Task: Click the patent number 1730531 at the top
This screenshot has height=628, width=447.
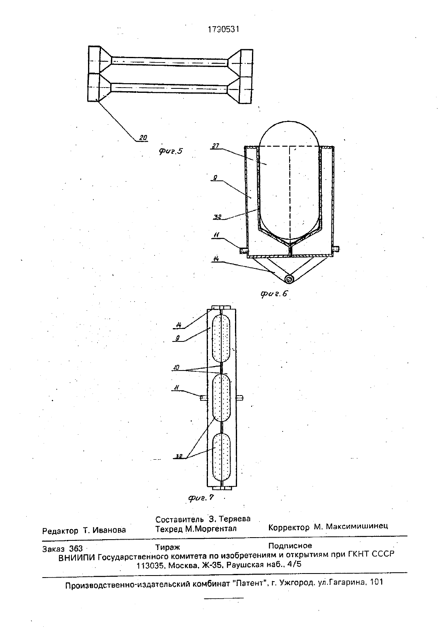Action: point(223,29)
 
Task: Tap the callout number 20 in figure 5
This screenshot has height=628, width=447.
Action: point(143,138)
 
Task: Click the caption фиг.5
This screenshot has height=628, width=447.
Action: point(170,151)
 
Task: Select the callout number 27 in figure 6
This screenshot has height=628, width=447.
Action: point(216,146)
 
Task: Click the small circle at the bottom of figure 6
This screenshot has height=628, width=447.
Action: point(289,279)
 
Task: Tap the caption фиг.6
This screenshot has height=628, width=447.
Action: point(274,294)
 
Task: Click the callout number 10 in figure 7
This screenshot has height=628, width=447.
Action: point(176,367)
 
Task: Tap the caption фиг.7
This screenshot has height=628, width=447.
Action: point(201,498)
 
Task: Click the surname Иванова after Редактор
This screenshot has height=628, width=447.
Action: point(109,530)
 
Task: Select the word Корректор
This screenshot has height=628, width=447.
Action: point(289,527)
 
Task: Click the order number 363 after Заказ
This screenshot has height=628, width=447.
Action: point(76,548)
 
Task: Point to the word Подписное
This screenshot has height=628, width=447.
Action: point(290,546)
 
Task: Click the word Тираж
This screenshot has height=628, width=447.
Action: point(168,547)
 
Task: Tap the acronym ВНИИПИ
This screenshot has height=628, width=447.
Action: point(77,558)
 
